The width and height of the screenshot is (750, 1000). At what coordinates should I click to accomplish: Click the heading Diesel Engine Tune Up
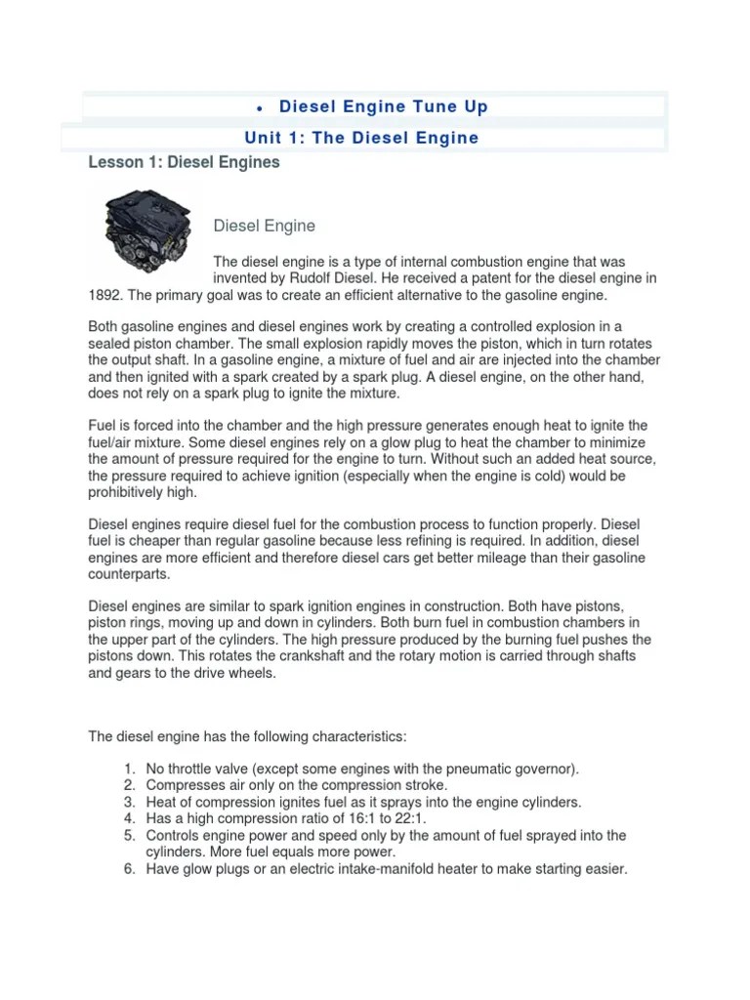[384, 106]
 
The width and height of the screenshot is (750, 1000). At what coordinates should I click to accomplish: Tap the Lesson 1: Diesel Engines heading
[185, 163]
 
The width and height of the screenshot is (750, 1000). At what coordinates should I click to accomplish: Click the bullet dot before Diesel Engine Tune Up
[256, 107]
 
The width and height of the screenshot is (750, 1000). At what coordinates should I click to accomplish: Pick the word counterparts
[129, 574]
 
